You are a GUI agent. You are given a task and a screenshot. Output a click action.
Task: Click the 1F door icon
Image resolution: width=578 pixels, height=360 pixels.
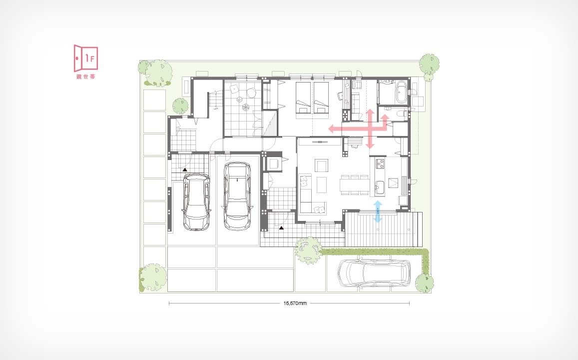click(86, 58)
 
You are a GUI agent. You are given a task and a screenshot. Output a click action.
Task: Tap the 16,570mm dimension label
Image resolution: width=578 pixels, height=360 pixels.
click(295, 303)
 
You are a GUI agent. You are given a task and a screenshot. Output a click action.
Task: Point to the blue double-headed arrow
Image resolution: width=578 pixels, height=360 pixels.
click(378, 211)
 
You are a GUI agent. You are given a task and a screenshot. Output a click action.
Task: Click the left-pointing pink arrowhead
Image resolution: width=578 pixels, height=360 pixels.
click(331, 128)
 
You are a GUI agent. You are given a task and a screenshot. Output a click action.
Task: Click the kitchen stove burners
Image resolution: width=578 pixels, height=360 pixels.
click(380, 162)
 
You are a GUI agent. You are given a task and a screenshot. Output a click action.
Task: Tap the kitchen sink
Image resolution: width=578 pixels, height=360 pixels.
click(380, 186)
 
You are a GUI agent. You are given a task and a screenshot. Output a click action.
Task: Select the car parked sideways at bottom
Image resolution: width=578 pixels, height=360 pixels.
click(374, 273)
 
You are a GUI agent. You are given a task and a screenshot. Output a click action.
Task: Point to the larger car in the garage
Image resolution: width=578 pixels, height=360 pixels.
click(238, 196)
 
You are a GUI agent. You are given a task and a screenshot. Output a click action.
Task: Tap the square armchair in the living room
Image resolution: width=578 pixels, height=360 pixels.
click(321, 165)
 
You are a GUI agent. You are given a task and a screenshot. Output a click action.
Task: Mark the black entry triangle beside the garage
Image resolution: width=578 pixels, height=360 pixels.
click(185, 169)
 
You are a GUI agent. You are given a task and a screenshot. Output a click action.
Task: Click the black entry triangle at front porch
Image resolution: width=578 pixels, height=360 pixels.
click(282, 228)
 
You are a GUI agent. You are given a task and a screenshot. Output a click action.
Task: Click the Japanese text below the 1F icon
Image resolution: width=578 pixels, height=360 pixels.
click(85, 76)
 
